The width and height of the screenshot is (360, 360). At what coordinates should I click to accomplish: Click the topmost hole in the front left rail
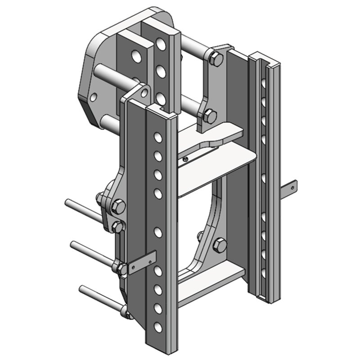pos(158,136)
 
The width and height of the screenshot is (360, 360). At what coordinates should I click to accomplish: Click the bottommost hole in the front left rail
pos(158,327)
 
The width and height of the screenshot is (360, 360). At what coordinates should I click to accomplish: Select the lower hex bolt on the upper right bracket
pos(209,116)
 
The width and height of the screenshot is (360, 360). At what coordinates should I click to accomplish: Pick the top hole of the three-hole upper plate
pos(160,44)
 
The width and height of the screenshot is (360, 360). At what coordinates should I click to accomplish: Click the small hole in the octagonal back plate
pos(93,97)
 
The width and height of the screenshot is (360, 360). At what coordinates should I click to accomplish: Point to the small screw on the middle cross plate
pos(186,158)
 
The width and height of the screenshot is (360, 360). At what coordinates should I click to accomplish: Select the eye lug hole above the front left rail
pos(144,94)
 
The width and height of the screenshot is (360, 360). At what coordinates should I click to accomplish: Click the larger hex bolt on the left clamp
pos(119,206)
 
